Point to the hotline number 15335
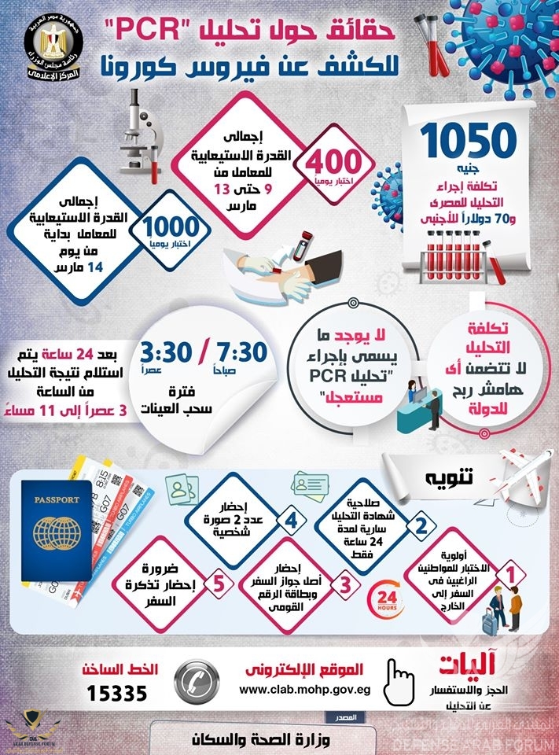119,693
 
